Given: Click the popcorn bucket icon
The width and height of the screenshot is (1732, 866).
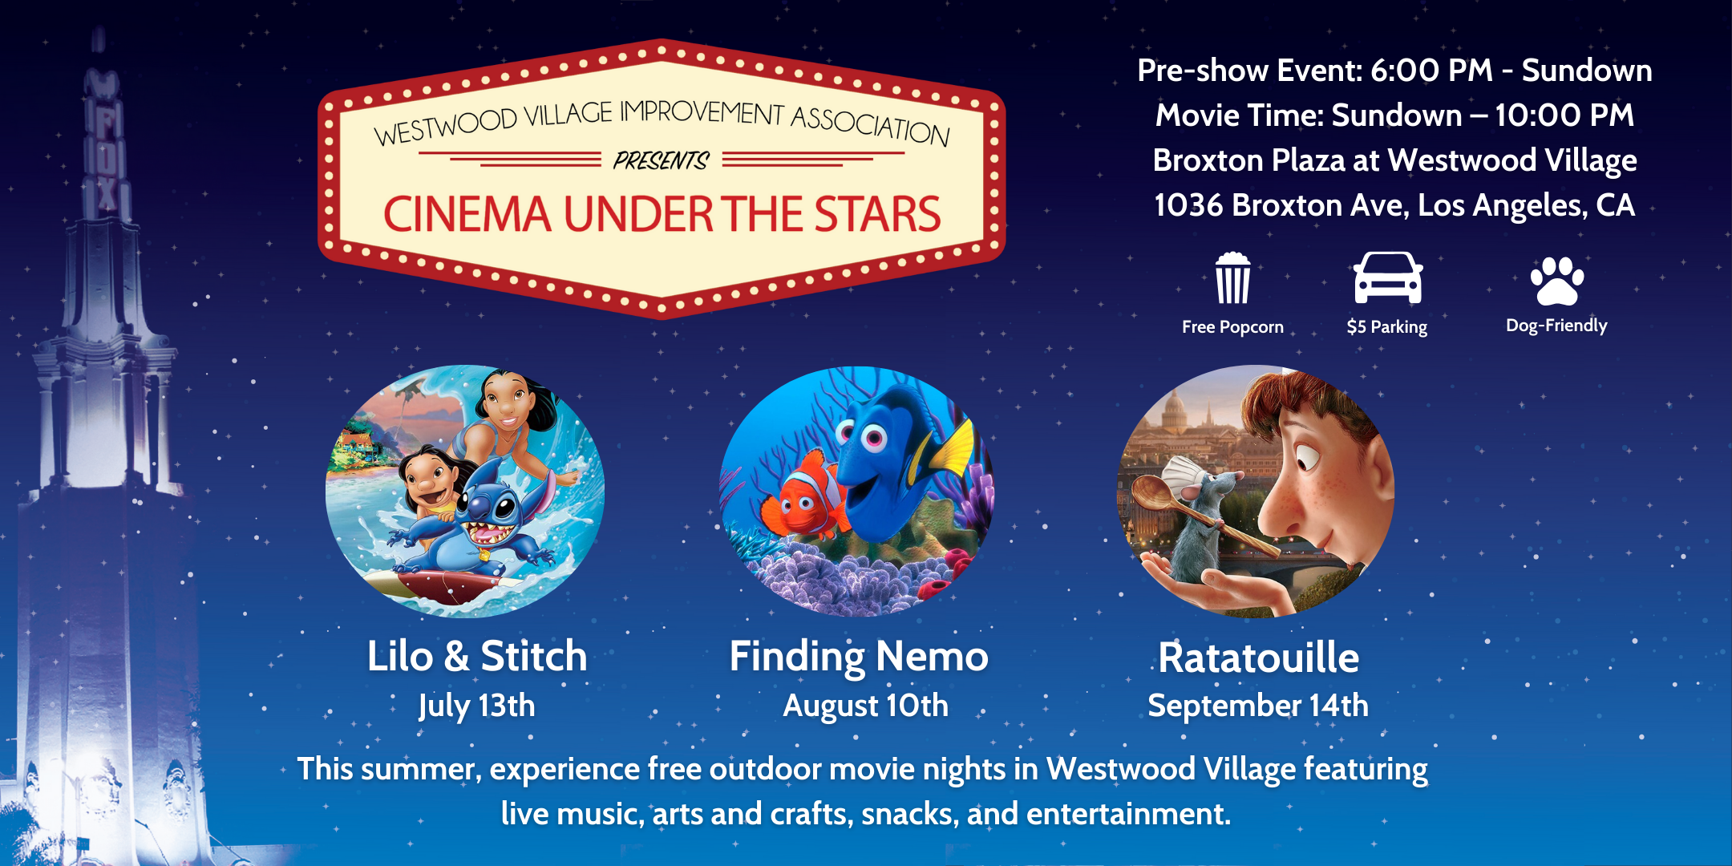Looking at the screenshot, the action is point(1232,278).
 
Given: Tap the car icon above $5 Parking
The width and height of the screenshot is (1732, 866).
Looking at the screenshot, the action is point(1388,277).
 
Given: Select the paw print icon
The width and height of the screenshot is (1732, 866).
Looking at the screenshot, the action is point(1557,281).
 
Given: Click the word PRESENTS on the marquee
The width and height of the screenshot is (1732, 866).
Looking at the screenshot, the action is point(662,160).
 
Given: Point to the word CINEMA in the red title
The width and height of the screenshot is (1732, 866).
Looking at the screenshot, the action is point(467,214).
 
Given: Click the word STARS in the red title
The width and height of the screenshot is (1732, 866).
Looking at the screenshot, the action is point(878,214).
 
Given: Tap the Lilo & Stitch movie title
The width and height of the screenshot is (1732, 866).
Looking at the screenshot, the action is point(477,656).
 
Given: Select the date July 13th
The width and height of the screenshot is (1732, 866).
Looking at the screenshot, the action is point(477,706).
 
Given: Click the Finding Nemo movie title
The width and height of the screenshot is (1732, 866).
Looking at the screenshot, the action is point(859,658).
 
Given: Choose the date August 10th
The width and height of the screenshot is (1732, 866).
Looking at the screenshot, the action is point(866,706).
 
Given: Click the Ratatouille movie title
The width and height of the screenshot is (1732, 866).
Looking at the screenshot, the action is point(1259,658).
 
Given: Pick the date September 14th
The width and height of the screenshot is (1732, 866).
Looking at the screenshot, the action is point(1258,706).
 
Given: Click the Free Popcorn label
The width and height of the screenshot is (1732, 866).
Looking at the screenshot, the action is point(1232,327).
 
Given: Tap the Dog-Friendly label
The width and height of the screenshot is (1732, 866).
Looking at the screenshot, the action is point(1556,326).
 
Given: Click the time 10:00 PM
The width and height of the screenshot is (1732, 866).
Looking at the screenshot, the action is point(1564,115).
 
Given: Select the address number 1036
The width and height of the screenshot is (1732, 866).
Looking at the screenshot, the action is point(1188,205).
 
